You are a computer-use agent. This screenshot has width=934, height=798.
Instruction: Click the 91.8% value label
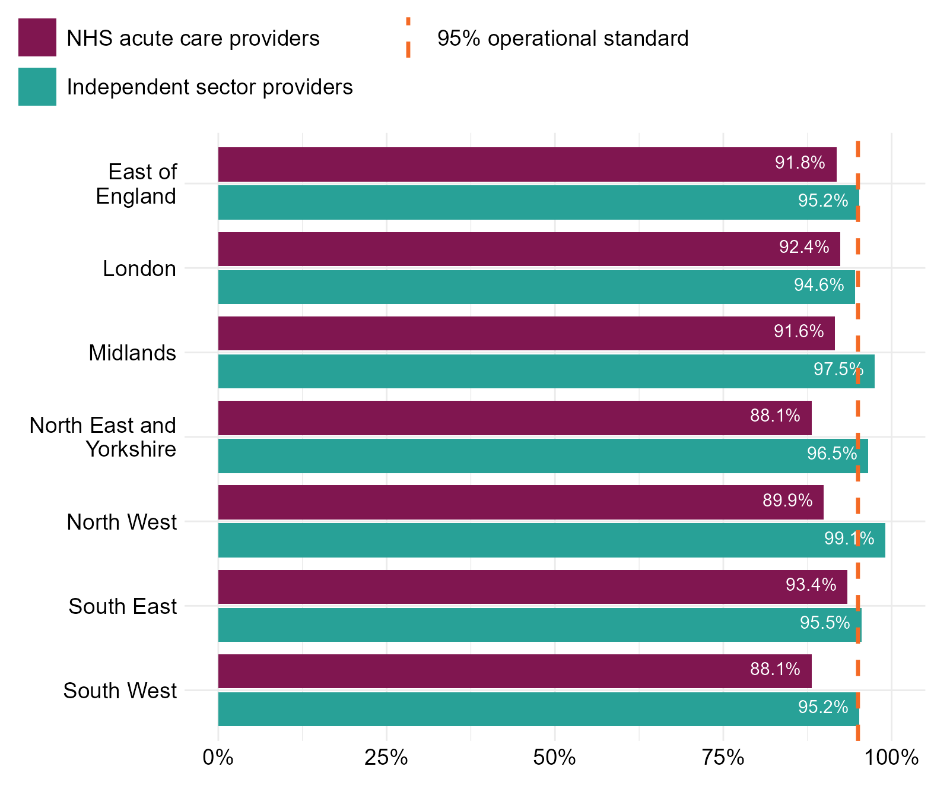point(800,163)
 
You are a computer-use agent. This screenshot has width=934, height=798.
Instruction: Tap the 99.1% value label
point(849,539)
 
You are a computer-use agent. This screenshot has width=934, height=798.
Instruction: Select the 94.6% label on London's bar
point(819,286)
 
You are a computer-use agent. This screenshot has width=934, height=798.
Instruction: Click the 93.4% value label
point(811,585)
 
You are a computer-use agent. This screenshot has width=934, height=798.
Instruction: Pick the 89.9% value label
point(787,501)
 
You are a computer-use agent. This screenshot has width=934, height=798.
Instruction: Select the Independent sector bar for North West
point(551,540)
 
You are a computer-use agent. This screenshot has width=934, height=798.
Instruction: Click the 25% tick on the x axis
point(386,758)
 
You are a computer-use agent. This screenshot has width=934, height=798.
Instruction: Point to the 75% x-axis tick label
point(723,758)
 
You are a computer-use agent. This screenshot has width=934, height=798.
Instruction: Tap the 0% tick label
point(218,758)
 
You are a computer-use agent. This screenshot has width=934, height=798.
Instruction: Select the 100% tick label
point(891,758)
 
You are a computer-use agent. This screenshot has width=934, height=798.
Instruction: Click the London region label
point(139,269)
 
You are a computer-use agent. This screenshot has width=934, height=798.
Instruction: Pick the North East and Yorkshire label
point(103,438)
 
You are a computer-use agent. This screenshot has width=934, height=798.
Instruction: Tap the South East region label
point(123,607)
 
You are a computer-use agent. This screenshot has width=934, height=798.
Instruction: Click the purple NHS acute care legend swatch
point(37,37)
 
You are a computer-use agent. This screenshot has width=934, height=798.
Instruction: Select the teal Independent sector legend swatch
point(37,87)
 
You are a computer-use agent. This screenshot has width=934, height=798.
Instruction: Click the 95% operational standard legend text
point(563,39)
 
